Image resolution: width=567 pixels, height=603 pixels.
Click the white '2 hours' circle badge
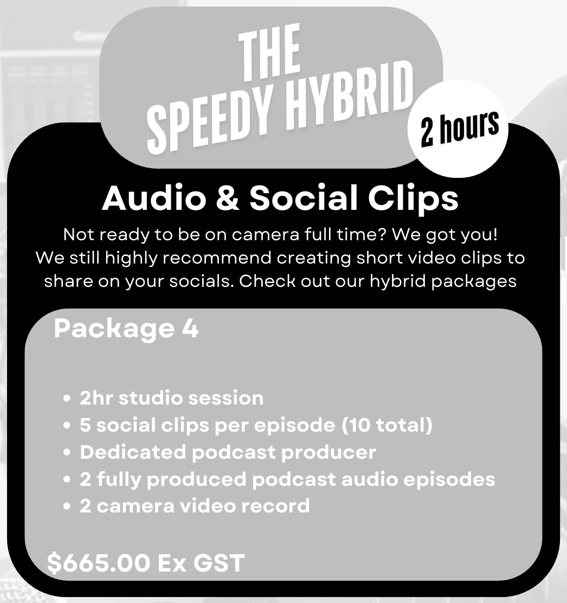click(x=458, y=129)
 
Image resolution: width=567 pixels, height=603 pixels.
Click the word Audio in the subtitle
click(x=154, y=198)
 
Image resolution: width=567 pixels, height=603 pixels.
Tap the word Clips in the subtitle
click(x=413, y=200)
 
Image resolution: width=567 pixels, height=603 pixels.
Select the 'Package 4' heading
click(x=126, y=329)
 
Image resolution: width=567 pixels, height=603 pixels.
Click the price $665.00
click(x=99, y=563)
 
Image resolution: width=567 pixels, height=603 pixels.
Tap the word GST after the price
click(x=219, y=563)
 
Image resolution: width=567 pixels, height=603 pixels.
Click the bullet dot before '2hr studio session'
click(x=67, y=399)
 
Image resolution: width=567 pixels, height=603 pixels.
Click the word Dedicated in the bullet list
click(x=133, y=452)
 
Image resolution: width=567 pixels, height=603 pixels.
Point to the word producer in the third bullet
click(x=328, y=453)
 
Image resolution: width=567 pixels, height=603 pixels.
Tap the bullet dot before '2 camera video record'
click(x=67, y=506)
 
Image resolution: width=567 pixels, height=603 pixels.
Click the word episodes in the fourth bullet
click(x=450, y=479)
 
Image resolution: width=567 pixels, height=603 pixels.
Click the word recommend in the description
click(x=217, y=258)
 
